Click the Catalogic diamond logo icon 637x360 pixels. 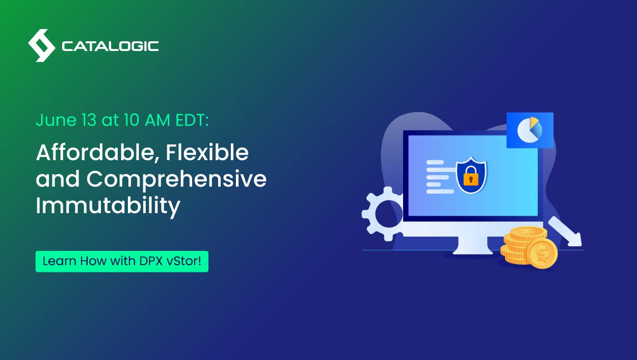click(42, 45)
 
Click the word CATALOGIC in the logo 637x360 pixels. click(110, 46)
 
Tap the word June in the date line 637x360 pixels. click(56, 121)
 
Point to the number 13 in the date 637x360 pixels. click(89, 120)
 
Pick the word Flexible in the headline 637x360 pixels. click(207, 152)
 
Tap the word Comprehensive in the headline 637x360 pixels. click(176, 179)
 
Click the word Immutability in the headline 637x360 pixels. click(108, 205)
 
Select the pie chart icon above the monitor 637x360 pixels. click(530, 130)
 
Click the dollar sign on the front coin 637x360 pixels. click(542, 254)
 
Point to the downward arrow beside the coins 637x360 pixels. click(565, 232)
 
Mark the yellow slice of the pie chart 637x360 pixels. click(534, 121)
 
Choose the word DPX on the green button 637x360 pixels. click(151, 261)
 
